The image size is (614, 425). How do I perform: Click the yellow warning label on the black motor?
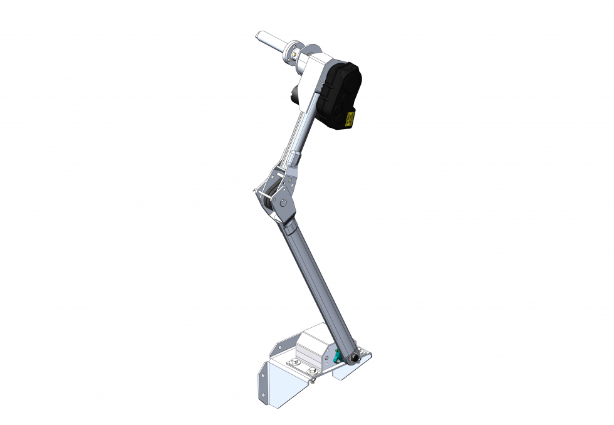click(350, 118)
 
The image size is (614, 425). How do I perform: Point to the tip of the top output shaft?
click(259, 34)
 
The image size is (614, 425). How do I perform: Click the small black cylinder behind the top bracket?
click(293, 95)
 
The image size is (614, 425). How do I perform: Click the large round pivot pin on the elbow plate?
click(284, 202)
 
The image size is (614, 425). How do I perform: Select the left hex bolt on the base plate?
click(293, 362)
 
